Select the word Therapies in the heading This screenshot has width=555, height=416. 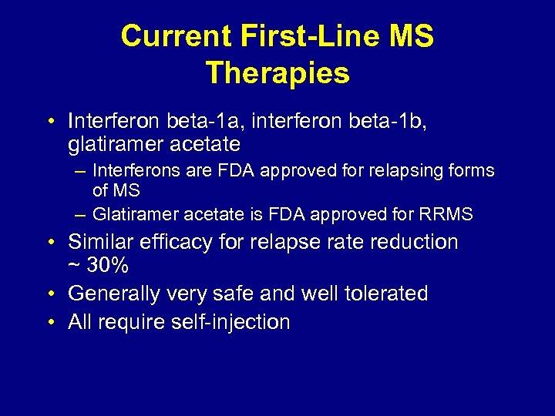pos(277,73)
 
